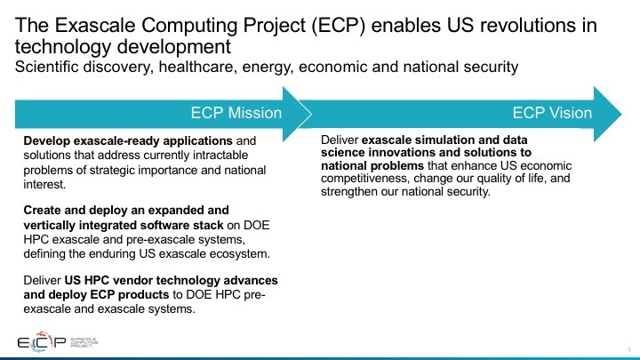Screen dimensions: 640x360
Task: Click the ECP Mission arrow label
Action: coord(236,113)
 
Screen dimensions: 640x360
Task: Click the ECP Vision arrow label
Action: coord(552,113)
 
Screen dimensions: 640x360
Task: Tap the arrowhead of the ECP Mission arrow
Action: coord(297,115)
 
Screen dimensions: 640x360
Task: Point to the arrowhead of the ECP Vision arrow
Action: coord(608,115)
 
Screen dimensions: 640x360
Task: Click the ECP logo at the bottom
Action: coord(58,342)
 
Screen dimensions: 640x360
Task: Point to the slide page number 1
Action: coord(629,350)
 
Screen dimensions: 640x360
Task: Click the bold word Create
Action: coord(41,210)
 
